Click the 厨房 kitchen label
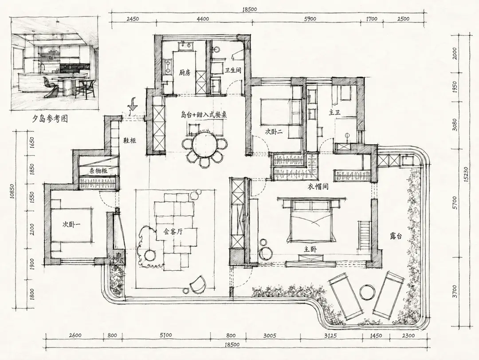(185, 73)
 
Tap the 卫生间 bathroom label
(233, 70)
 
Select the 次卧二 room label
(273, 132)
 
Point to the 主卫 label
(334, 113)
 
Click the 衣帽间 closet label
(318, 186)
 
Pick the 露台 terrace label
(396, 236)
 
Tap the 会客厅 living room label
(173, 232)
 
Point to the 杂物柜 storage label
(98, 171)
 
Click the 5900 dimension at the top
(310, 19)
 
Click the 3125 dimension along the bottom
(330, 336)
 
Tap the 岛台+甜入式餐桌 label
(204, 115)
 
